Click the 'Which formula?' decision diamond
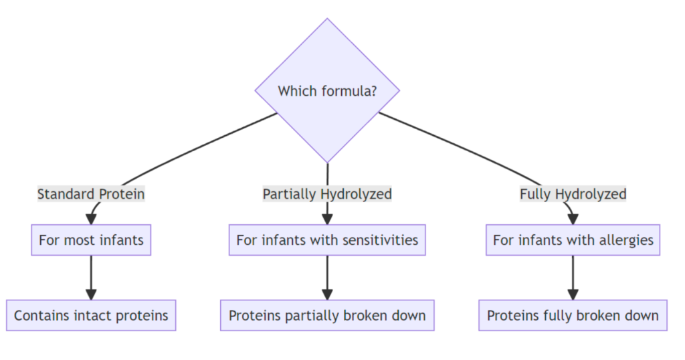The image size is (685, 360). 327,90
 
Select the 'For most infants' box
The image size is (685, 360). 91,240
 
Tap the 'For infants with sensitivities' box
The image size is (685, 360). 327,240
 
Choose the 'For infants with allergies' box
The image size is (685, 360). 573,240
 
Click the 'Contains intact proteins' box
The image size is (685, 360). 91,315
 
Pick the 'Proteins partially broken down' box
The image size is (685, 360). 327,315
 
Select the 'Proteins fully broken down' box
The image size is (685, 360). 573,315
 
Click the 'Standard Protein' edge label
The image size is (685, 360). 91,194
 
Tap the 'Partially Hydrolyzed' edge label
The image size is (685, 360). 327,194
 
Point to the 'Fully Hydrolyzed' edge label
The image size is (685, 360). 573,194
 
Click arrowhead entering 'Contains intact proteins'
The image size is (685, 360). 91,294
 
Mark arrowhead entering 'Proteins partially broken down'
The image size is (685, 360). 327,294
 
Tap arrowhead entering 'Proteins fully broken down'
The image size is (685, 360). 573,294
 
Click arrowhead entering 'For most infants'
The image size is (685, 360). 91,219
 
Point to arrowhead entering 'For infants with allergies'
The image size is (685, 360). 573,219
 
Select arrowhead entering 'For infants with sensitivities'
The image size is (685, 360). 327,219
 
